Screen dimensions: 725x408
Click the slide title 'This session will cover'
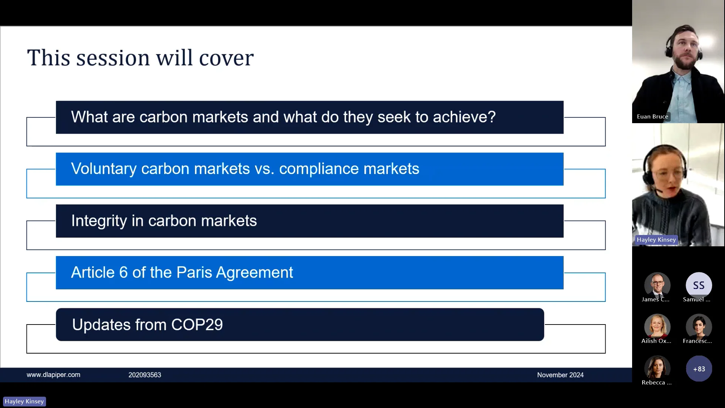pos(140,58)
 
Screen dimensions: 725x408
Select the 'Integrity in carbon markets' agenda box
pos(310,221)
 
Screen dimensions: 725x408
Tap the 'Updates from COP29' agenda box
pos(300,325)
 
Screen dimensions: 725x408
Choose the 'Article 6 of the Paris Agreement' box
pos(310,273)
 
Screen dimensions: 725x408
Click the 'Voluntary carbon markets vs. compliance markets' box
pos(310,169)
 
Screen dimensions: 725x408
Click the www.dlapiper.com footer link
pos(53,375)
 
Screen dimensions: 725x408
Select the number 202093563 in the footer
pos(145,375)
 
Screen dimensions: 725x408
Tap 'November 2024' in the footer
pos(560,375)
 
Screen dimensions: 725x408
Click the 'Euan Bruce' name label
pos(652,116)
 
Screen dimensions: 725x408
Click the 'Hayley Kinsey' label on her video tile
pos(656,240)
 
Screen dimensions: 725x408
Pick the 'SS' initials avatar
pos(699,285)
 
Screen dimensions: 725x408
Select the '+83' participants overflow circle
pos(699,369)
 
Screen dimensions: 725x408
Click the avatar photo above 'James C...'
pos(657,285)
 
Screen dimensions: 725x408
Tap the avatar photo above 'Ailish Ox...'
pos(657,327)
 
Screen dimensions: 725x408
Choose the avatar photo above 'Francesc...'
pos(699,327)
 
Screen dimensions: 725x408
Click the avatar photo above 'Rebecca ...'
pos(657,368)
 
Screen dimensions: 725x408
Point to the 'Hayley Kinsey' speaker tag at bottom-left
pos(25,401)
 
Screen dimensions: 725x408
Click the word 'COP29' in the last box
pos(197,325)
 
